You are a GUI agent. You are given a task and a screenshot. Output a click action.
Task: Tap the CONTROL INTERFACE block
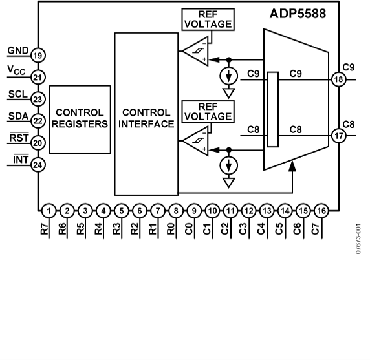click(146, 118)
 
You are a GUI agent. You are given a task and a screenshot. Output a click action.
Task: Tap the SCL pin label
click(16, 94)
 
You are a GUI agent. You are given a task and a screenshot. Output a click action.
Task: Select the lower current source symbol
click(228, 167)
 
